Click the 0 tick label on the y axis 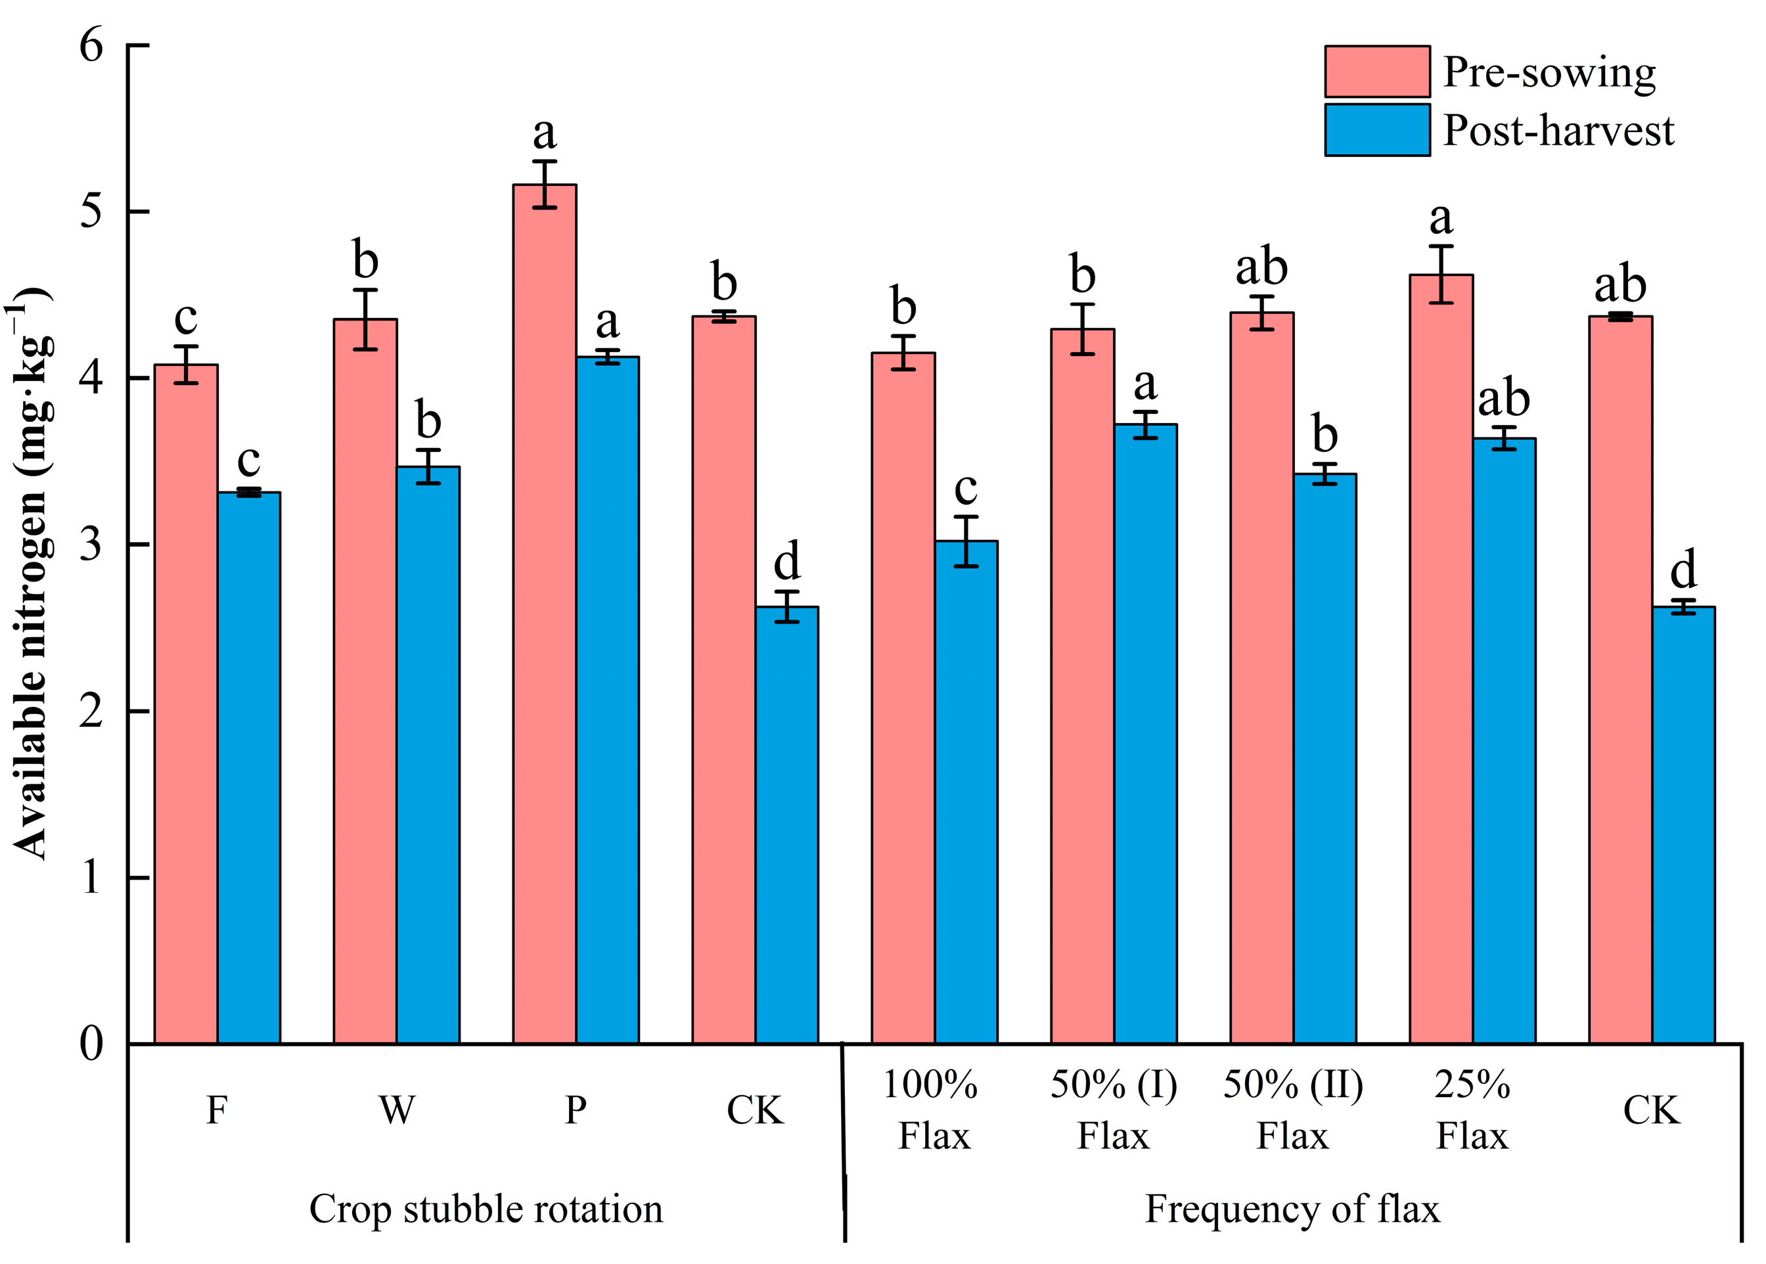click(x=91, y=1043)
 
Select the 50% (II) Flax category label click(x=1293, y=1110)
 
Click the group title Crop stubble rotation click(x=486, y=1209)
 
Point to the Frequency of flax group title click(x=1292, y=1209)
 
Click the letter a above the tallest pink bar click(x=544, y=133)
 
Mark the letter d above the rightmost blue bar click(x=1683, y=569)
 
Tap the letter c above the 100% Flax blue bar click(x=965, y=488)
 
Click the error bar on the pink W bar click(x=365, y=319)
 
